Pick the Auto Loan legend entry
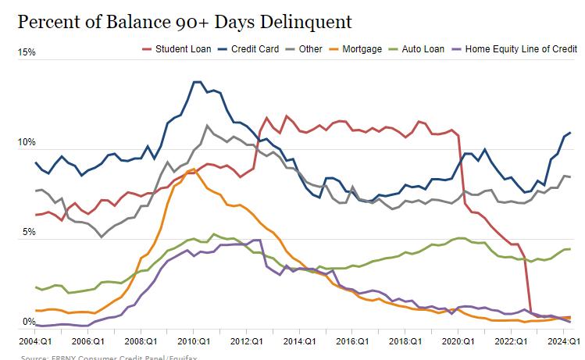[x=423, y=48]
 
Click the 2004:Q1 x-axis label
[x=35, y=341]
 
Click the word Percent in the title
[x=48, y=21]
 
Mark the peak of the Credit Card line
[x=197, y=82]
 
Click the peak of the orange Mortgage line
[x=193, y=169]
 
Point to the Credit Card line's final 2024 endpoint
[x=569, y=133]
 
